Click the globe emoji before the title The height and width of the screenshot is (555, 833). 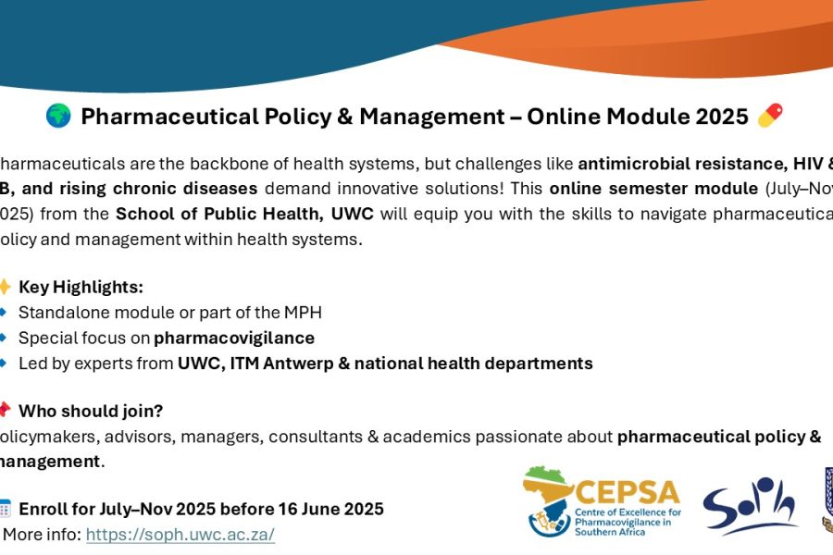pos(58,116)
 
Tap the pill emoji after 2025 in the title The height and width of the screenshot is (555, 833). pos(770,116)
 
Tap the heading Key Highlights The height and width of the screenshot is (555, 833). pos(81,287)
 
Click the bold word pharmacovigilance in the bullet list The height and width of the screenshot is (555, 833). pos(234,338)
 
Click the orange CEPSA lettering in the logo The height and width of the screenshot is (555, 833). pos(627,490)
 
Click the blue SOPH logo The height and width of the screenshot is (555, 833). pos(750,507)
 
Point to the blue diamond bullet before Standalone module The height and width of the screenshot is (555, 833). pos(4,313)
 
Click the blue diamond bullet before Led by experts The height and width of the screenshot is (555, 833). pos(4,364)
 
